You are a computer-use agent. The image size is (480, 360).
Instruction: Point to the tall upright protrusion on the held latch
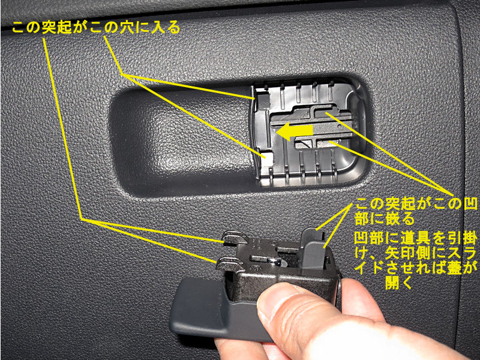click(314, 248)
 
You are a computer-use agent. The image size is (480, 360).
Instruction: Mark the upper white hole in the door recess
click(263, 98)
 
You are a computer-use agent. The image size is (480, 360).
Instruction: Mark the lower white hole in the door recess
click(267, 158)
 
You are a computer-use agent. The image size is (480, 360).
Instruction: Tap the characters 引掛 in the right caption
click(462, 238)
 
